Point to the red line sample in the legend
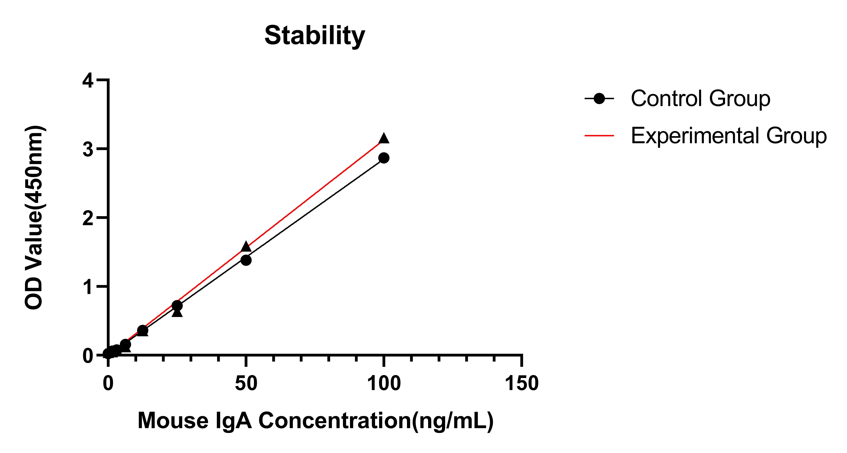[x=599, y=135]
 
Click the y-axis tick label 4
[x=88, y=81]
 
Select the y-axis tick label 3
[x=88, y=150]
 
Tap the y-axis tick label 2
[x=88, y=218]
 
